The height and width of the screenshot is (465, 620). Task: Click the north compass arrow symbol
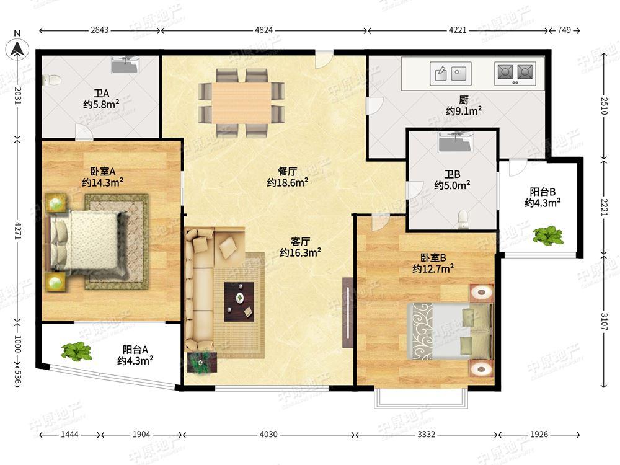[x=17, y=49]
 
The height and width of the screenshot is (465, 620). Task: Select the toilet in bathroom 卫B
[x=463, y=220]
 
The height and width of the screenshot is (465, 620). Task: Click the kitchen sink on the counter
[x=450, y=73]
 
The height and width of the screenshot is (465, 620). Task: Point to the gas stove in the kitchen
[x=515, y=73]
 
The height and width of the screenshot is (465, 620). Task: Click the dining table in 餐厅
[x=242, y=103]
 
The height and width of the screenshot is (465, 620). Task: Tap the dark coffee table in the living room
[x=239, y=302]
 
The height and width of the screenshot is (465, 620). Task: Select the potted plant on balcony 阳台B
[x=548, y=236]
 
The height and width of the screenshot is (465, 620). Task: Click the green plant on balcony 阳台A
[x=77, y=351]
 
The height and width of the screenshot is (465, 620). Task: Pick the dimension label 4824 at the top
[x=263, y=30]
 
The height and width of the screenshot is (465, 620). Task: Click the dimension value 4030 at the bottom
[x=268, y=435]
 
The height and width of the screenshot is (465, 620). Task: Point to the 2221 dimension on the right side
[x=604, y=206]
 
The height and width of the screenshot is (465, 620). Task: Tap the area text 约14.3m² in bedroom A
[x=103, y=183]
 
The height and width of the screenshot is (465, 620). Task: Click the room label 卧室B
[x=433, y=258]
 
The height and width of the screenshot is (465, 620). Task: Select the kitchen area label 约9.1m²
[x=464, y=111]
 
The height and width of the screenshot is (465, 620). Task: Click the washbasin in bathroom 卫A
[x=125, y=64]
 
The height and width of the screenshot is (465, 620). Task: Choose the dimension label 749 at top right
[x=564, y=30]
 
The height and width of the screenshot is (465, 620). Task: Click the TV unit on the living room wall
[x=348, y=312]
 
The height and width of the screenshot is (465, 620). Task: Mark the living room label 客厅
[x=300, y=241]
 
